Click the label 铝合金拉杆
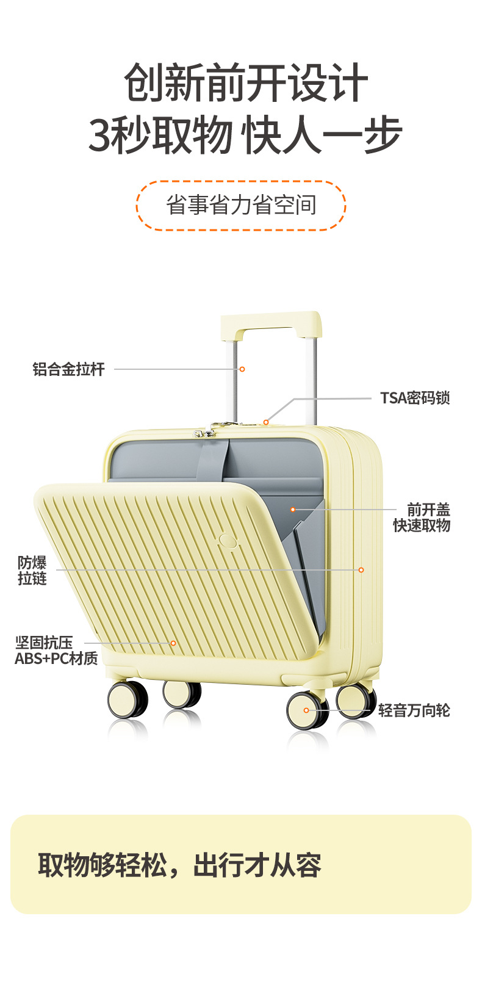[68, 369]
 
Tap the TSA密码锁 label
[415, 398]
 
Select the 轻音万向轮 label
[414, 710]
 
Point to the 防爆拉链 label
[32, 571]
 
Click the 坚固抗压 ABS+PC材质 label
[56, 651]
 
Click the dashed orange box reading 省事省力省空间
[241, 206]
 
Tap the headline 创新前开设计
[246, 83]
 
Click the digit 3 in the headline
[101, 135]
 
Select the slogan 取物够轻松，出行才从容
[179, 865]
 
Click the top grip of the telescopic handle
[270, 321]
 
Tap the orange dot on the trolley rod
[242, 369]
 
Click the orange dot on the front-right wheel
[306, 710]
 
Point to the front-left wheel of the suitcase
[128, 699]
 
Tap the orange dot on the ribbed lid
[173, 643]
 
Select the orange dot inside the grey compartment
[293, 510]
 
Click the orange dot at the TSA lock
[266, 422]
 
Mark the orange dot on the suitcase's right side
[361, 570]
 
